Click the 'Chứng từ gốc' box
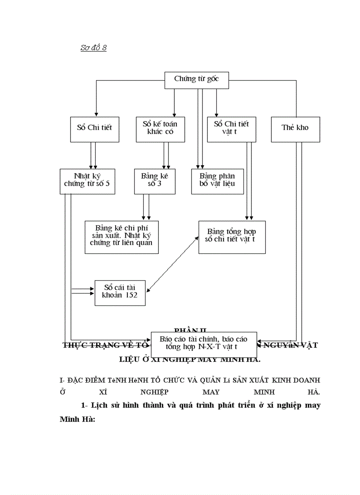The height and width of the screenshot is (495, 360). [x=196, y=79]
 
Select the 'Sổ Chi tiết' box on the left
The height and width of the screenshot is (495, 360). [x=94, y=128]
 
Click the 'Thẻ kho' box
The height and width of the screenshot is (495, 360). [x=295, y=128]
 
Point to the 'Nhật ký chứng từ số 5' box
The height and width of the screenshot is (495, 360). [x=87, y=181]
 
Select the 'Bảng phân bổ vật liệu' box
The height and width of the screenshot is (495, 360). [x=217, y=181]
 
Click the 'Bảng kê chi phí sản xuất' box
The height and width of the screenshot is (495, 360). [x=121, y=237]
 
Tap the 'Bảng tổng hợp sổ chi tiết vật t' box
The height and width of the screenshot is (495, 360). [x=232, y=237]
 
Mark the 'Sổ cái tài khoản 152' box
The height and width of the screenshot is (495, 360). [x=120, y=292]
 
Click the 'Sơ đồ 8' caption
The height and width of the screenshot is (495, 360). [x=93, y=48]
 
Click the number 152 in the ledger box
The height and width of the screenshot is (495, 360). [x=131, y=296]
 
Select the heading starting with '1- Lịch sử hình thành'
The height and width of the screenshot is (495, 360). [x=201, y=406]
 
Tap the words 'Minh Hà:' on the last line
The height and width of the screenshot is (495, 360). [x=78, y=420]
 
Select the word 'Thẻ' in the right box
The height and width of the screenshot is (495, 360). [x=288, y=128]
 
